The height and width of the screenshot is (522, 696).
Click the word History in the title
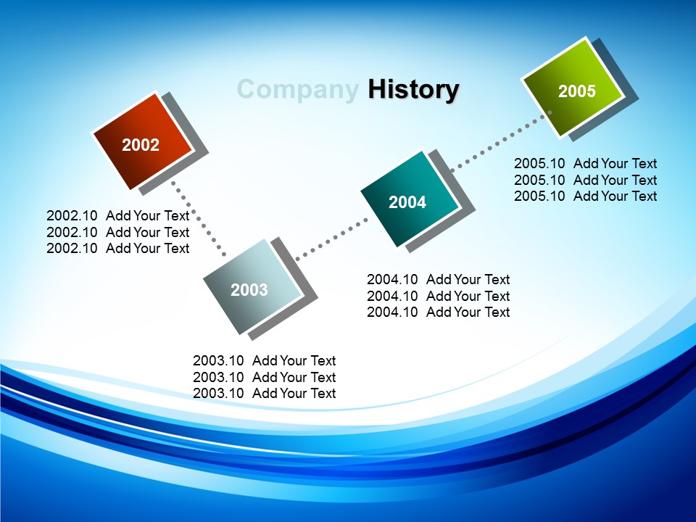pyautogui.click(x=413, y=89)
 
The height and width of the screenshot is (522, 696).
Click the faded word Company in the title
pyautogui.click(x=298, y=90)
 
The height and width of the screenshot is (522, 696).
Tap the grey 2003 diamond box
pyautogui.click(x=253, y=287)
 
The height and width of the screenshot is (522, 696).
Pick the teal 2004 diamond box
pyautogui.click(x=409, y=199)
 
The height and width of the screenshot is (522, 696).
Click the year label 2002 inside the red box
pyautogui.click(x=140, y=145)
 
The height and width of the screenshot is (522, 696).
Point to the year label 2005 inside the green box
pyautogui.click(x=576, y=91)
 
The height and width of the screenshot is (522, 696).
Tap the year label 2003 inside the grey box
pyautogui.click(x=249, y=290)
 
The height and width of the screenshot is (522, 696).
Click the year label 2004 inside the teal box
pyautogui.click(x=407, y=202)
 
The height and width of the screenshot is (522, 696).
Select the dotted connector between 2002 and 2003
pyautogui.click(x=199, y=218)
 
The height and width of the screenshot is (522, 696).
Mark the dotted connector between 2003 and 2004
pyautogui.click(x=332, y=239)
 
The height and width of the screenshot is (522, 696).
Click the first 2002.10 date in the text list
pyautogui.click(x=72, y=216)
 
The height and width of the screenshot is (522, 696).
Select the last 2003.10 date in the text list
pyautogui.click(x=218, y=393)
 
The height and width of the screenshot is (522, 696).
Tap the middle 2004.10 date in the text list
pyautogui.click(x=392, y=296)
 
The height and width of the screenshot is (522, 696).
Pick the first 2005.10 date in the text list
pyautogui.click(x=539, y=164)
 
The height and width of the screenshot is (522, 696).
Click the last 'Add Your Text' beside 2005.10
pyautogui.click(x=616, y=196)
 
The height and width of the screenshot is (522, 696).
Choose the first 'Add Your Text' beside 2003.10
pyautogui.click(x=294, y=361)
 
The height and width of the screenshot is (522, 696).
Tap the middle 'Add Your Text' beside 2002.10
pyautogui.click(x=147, y=232)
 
